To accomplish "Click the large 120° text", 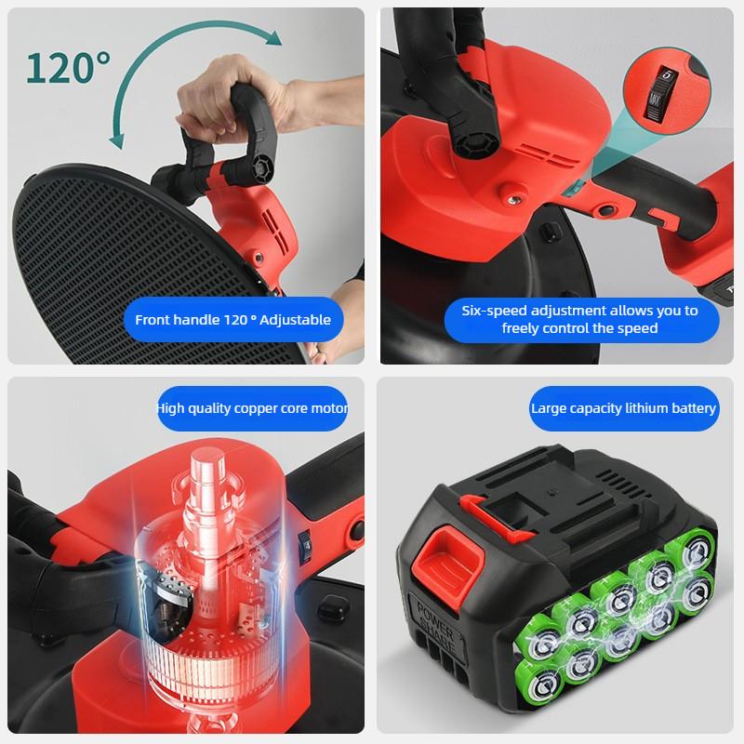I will (68, 68).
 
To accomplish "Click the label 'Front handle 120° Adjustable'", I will (232, 319).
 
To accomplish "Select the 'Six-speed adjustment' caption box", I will (579, 319).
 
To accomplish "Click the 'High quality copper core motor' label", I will (253, 408).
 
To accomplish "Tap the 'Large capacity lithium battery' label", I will (623, 408).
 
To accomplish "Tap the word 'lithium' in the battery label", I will (650, 408).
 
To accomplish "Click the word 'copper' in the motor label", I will (236, 408).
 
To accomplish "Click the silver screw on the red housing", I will (511, 196).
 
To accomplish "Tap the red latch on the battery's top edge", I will (475, 508).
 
